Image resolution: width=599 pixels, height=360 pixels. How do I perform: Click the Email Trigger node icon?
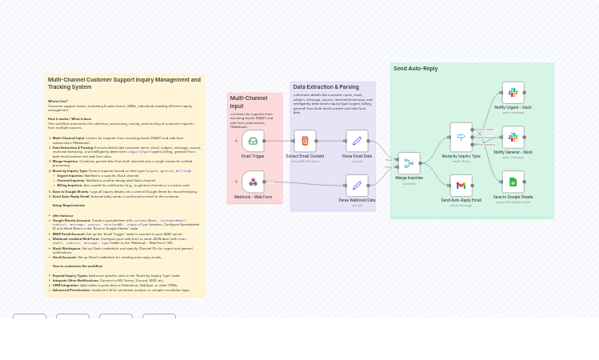[x=253, y=142]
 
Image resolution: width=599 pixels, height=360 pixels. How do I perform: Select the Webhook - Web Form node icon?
[x=253, y=182]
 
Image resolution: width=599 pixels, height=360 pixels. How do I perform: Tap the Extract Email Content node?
[x=305, y=142]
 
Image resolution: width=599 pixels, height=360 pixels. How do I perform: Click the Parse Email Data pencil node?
[x=357, y=142]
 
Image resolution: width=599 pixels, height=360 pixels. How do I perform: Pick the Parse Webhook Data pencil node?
[x=357, y=186]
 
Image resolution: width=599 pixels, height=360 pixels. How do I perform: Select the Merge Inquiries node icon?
[x=409, y=163]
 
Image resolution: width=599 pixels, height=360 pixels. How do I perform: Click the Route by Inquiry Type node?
[x=461, y=136]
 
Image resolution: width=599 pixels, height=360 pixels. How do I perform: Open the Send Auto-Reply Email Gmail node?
[x=461, y=186]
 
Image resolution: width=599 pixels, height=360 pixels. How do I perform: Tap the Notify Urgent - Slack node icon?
[x=513, y=93]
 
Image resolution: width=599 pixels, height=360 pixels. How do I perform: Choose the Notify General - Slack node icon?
[x=513, y=138]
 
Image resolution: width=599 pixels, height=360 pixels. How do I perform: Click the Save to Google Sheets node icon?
[x=513, y=182]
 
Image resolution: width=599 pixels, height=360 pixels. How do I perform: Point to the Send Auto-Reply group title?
[x=416, y=69]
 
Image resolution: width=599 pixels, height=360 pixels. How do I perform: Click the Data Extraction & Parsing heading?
[x=325, y=87]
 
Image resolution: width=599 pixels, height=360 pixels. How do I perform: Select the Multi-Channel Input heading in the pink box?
[x=249, y=102]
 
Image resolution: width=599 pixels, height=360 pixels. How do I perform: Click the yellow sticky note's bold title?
[x=124, y=82]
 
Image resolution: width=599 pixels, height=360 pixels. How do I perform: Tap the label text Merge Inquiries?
[x=409, y=178]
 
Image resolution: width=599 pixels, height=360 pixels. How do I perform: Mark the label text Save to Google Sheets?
[x=513, y=197]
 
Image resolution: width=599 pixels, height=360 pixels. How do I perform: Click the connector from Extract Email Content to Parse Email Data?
[x=330, y=142]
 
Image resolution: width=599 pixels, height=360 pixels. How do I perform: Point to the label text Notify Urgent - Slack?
[x=513, y=107]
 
